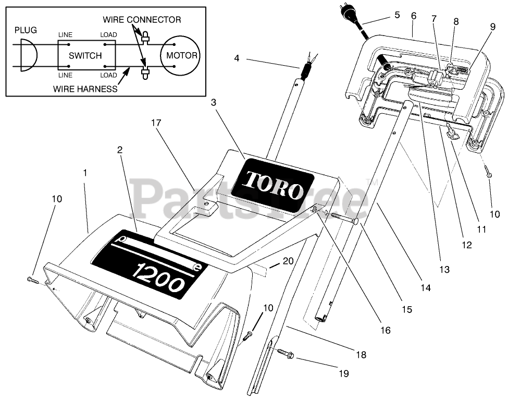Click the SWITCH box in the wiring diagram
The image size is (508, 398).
point(85,55)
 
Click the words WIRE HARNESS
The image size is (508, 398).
point(85,89)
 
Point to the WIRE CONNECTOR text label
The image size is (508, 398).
point(142,20)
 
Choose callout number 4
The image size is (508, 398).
point(237,58)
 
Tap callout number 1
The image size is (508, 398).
point(85,172)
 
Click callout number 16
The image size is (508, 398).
point(386,330)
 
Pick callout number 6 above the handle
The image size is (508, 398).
point(414,16)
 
